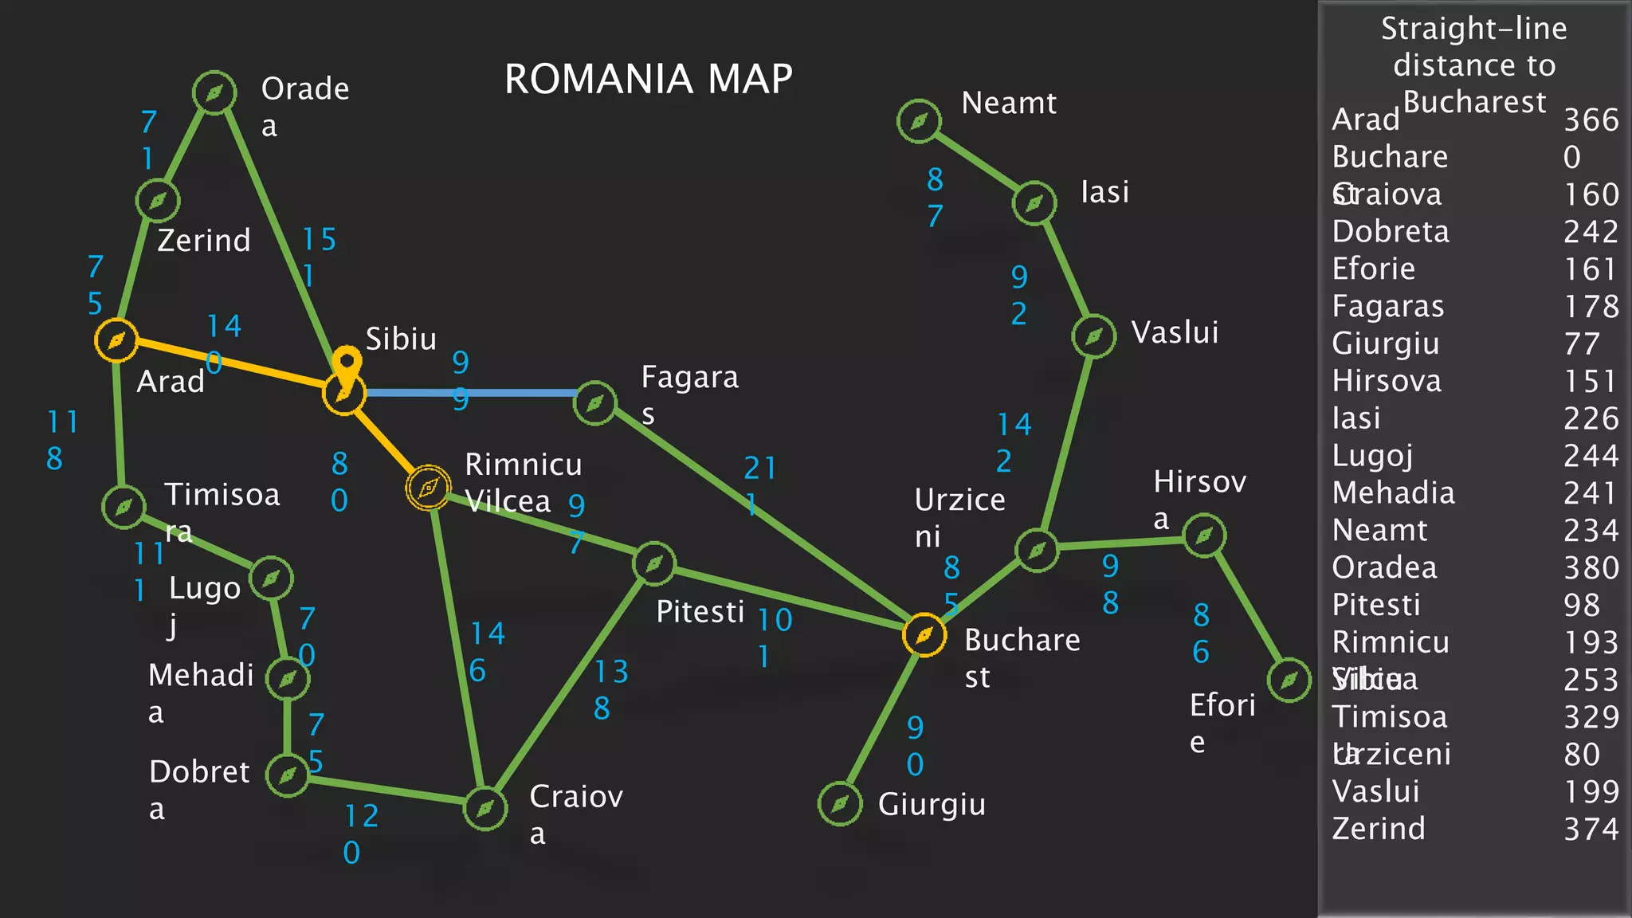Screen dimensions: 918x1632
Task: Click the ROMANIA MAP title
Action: pyautogui.click(x=649, y=79)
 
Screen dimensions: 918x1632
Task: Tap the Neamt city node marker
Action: pyautogui.click(x=919, y=121)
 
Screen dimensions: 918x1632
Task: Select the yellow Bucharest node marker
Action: pyautogui.click(x=924, y=635)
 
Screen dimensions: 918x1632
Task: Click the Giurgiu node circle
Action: pyautogui.click(x=840, y=804)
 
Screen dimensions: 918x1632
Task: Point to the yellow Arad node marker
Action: pyautogui.click(x=116, y=340)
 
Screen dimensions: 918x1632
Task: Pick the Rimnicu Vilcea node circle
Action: pyautogui.click(x=428, y=487)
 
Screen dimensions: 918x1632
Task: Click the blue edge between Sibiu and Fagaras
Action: pyautogui.click(x=470, y=393)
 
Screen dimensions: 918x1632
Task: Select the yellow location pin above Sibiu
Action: pyautogui.click(x=347, y=363)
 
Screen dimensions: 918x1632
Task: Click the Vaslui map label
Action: pyautogui.click(x=1175, y=332)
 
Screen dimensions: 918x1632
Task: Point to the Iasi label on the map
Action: pyautogui.click(x=1104, y=192)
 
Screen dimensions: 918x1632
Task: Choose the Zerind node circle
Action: pyautogui.click(x=158, y=200)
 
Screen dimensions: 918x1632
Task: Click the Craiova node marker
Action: pyautogui.click(x=485, y=809)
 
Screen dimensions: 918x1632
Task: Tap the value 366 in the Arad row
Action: pyautogui.click(x=1591, y=120)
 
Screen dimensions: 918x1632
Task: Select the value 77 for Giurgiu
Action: pyautogui.click(x=1581, y=344)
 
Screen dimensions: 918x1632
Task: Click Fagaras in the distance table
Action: pyautogui.click(x=1387, y=307)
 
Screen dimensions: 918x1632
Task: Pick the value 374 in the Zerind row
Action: pyautogui.click(x=1591, y=830)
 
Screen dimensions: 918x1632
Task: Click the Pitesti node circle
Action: pyautogui.click(x=654, y=563)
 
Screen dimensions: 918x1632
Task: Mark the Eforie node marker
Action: pyautogui.click(x=1289, y=680)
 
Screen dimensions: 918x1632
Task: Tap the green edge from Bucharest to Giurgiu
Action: pyautogui.click(x=881, y=720)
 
